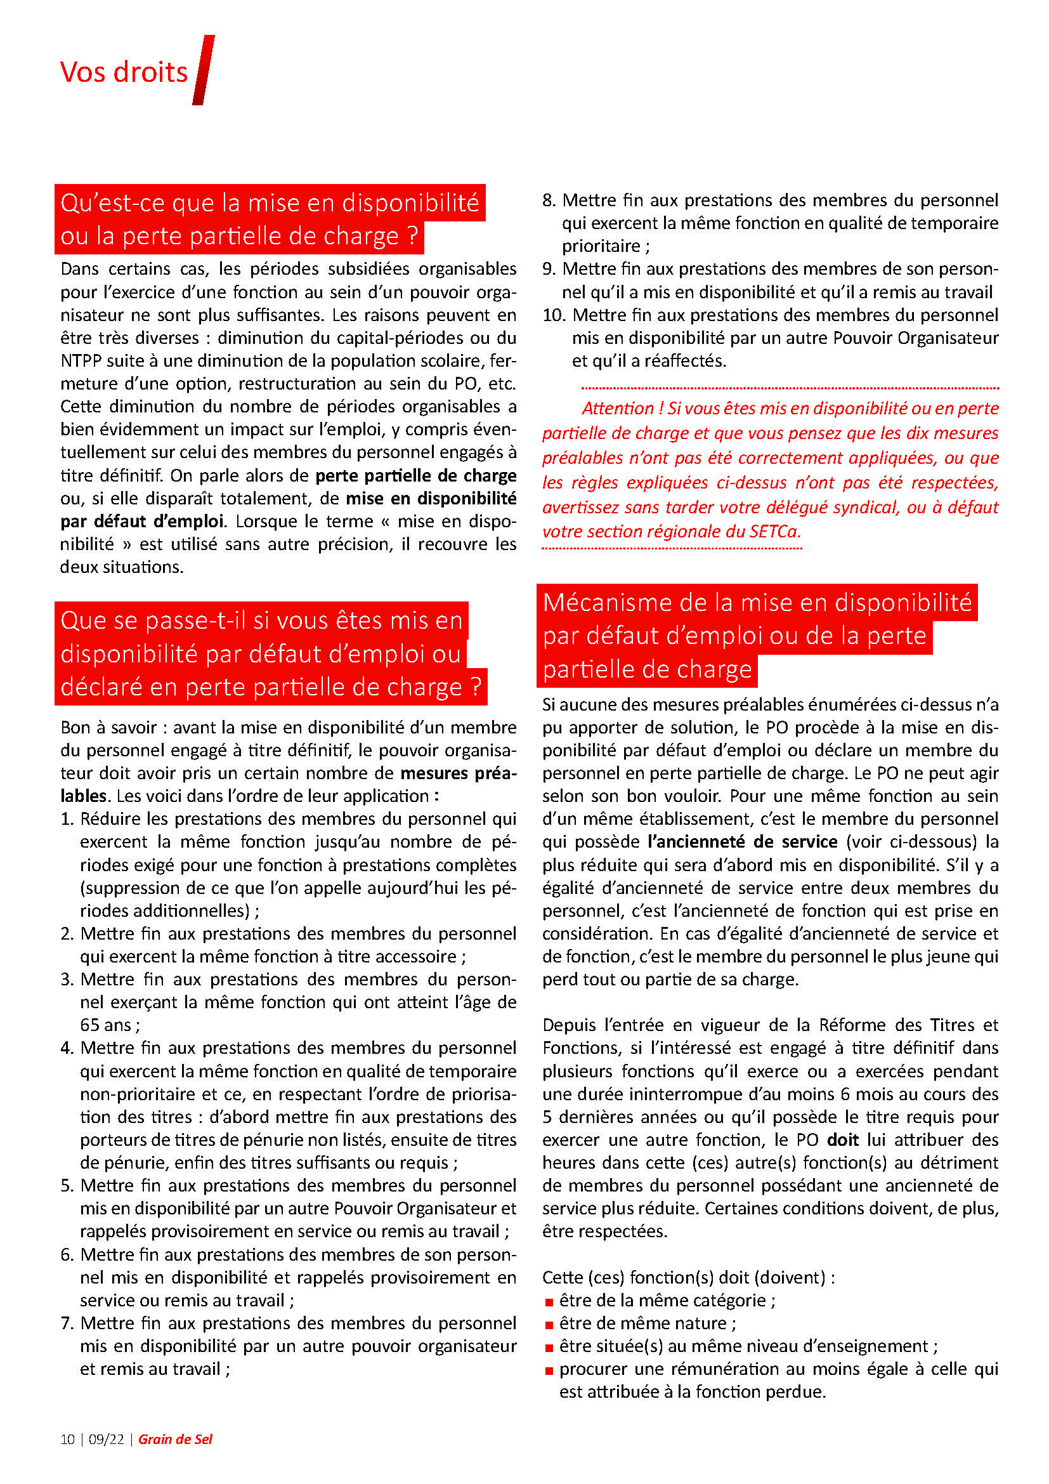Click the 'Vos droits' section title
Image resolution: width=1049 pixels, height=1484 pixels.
tap(124, 72)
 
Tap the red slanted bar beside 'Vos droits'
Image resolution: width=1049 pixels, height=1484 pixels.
tap(204, 70)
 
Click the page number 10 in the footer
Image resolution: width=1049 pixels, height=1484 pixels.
tap(67, 1439)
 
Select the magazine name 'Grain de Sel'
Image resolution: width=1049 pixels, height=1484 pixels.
tap(175, 1439)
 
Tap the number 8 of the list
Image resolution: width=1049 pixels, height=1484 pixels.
tap(549, 200)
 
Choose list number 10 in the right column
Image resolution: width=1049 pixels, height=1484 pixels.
tap(553, 315)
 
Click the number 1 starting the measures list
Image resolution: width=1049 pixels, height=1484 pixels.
tap(67, 819)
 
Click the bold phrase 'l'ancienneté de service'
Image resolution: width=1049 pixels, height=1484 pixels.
tap(742, 841)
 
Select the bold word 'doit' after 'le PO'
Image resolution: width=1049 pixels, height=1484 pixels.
tap(842, 1139)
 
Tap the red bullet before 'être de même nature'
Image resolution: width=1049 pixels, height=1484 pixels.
tap(549, 1324)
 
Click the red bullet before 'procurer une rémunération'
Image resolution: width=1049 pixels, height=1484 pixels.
tap(549, 1370)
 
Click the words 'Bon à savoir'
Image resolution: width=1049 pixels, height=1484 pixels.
tap(108, 727)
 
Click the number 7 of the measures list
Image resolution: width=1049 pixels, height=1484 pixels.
tap(67, 1323)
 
